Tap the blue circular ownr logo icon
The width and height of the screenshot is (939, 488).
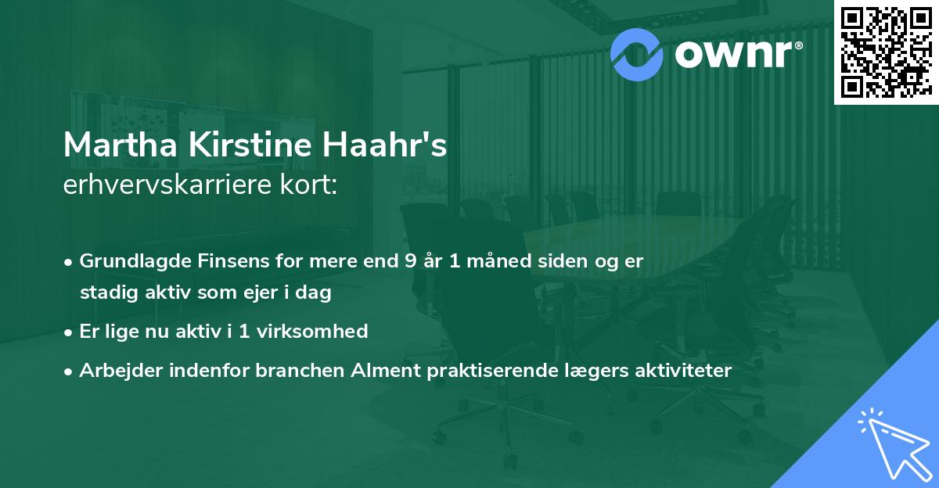637,52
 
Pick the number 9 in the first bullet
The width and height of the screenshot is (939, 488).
411,261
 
